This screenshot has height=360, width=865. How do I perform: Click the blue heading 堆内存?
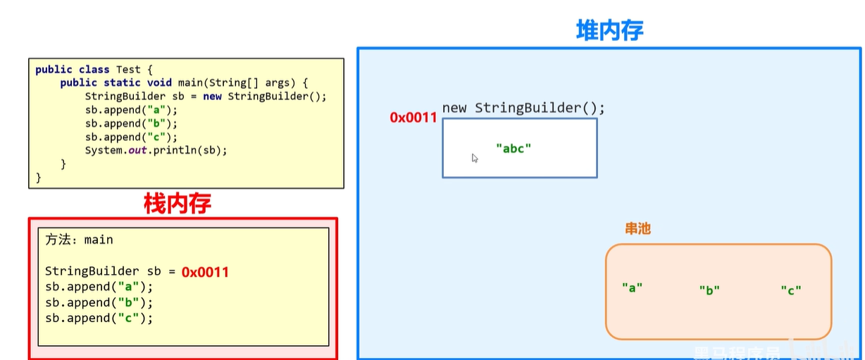tap(610, 30)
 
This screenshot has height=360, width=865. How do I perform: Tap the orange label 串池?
tap(637, 228)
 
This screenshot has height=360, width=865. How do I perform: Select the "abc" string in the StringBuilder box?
tap(514, 149)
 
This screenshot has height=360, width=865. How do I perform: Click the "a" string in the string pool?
tap(633, 287)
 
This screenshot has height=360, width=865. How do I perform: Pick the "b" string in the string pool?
tap(709, 290)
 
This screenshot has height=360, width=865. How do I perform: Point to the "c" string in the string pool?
tap(791, 290)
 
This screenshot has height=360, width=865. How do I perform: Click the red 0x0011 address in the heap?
tap(413, 118)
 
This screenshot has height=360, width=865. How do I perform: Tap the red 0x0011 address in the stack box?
tap(205, 272)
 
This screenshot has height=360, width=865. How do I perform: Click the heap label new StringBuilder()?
tap(523, 108)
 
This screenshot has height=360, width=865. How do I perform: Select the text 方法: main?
tap(79, 240)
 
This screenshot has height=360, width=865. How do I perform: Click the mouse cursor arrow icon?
tap(475, 159)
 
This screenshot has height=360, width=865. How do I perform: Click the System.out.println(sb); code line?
tap(156, 150)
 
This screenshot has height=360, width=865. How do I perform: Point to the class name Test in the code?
tap(128, 69)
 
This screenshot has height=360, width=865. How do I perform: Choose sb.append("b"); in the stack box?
tap(99, 302)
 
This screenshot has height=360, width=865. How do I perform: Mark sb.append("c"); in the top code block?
tap(131, 137)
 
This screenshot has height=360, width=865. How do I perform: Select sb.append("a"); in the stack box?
tap(99, 287)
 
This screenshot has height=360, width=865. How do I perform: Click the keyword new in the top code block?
tap(213, 96)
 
